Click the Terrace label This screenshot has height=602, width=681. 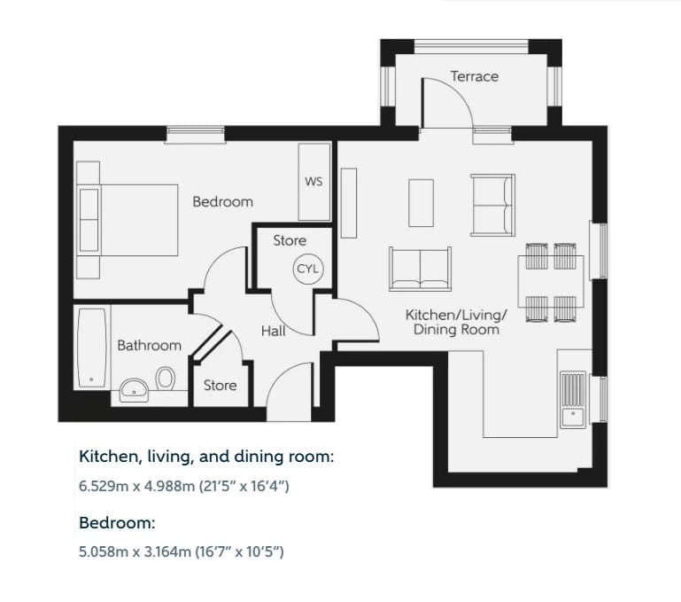pyautogui.click(x=474, y=76)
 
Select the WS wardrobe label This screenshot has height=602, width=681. pyautogui.click(x=313, y=182)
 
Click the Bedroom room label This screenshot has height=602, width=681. pyautogui.click(x=222, y=202)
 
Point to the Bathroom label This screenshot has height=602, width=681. pyautogui.click(x=149, y=345)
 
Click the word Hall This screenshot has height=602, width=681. pyautogui.click(x=273, y=330)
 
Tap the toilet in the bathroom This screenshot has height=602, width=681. pyautogui.click(x=165, y=379)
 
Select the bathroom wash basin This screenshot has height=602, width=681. pyautogui.click(x=135, y=388)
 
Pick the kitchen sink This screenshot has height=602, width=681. pyautogui.click(x=574, y=395)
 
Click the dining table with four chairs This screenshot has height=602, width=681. pyautogui.click(x=551, y=282)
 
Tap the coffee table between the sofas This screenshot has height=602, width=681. pyautogui.click(x=422, y=203)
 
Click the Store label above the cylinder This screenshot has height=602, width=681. pyautogui.click(x=289, y=240)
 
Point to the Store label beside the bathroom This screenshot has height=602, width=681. pyautogui.click(x=220, y=386)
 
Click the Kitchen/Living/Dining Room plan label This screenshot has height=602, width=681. pyautogui.click(x=456, y=322)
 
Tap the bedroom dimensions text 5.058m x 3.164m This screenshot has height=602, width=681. pyautogui.click(x=181, y=551)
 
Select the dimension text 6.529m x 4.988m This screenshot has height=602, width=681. pyautogui.click(x=184, y=487)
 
